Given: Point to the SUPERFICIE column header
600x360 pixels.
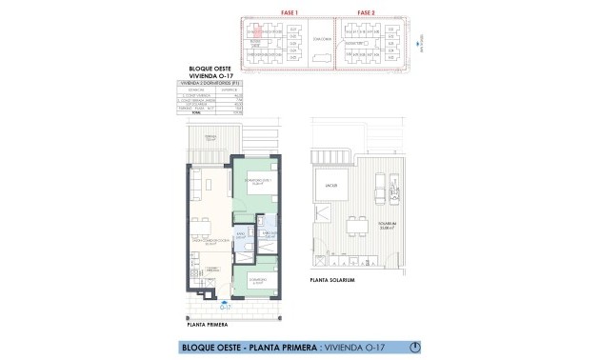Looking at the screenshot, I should tap(227, 89).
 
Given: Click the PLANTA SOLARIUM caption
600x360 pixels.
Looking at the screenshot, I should tap(332, 281).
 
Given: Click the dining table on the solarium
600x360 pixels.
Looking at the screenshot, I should tap(358, 227).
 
